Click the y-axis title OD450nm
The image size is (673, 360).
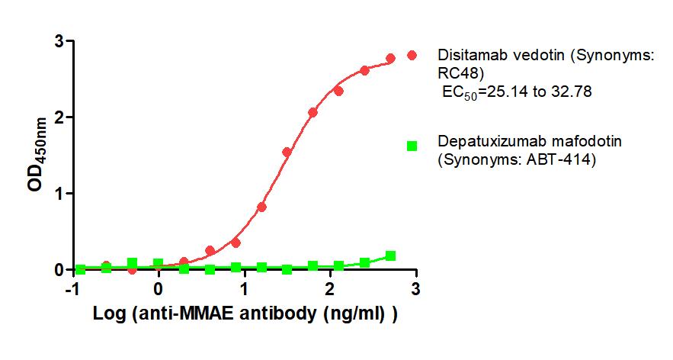pos(36,155)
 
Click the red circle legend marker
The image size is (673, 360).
pos(412,55)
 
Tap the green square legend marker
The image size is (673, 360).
pos(412,146)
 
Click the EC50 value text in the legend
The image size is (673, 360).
pos(518,92)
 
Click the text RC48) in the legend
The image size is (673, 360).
pos(460,73)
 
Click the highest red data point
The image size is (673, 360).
pos(390,58)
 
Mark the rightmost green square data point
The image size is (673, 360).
pos(390,256)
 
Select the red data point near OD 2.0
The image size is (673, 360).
pos(312,112)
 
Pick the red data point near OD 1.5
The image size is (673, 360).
pos(287,152)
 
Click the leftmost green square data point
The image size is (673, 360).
pos(80,269)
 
